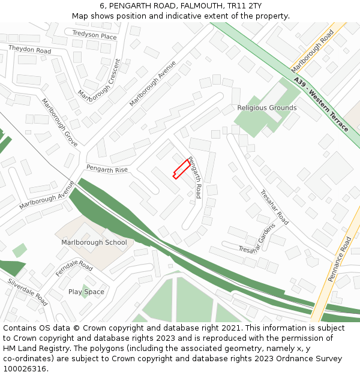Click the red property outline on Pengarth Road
pos(180,169)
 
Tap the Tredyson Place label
pos(94,36)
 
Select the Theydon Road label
pos(29,49)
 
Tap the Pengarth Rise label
pos(107,170)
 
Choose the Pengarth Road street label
pos(194,178)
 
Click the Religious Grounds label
pos(266,108)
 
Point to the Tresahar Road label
pos(274,207)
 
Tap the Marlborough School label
pos(94,242)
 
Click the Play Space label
pos(86,292)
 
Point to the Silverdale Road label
pos(28,292)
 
